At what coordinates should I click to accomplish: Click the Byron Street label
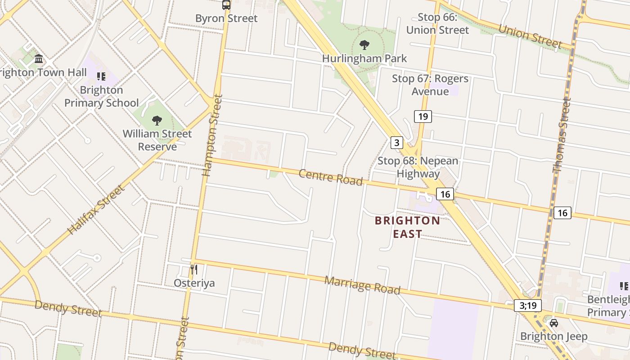[226, 18]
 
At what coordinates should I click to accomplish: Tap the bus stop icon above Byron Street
[226, 5]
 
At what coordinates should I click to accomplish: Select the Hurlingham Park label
[364, 58]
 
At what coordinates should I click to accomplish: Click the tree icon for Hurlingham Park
[364, 45]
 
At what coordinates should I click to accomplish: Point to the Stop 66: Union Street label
[437, 24]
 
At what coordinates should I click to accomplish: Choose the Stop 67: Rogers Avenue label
[430, 85]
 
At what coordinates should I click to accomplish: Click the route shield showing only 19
[423, 117]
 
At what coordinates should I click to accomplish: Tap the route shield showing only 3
[396, 143]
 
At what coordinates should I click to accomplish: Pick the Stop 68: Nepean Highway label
[418, 167]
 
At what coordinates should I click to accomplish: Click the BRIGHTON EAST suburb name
[407, 227]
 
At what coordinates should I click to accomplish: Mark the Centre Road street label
[331, 177]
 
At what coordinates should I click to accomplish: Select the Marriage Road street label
[362, 285]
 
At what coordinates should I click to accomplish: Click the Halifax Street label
[96, 210]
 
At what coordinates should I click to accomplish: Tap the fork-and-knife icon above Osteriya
[194, 270]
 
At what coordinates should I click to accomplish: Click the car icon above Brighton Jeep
[554, 323]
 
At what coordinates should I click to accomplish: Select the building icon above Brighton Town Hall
[39, 59]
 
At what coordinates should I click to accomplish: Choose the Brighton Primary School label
[102, 96]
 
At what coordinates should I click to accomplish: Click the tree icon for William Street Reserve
[157, 120]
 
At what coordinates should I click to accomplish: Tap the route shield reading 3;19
[528, 306]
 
